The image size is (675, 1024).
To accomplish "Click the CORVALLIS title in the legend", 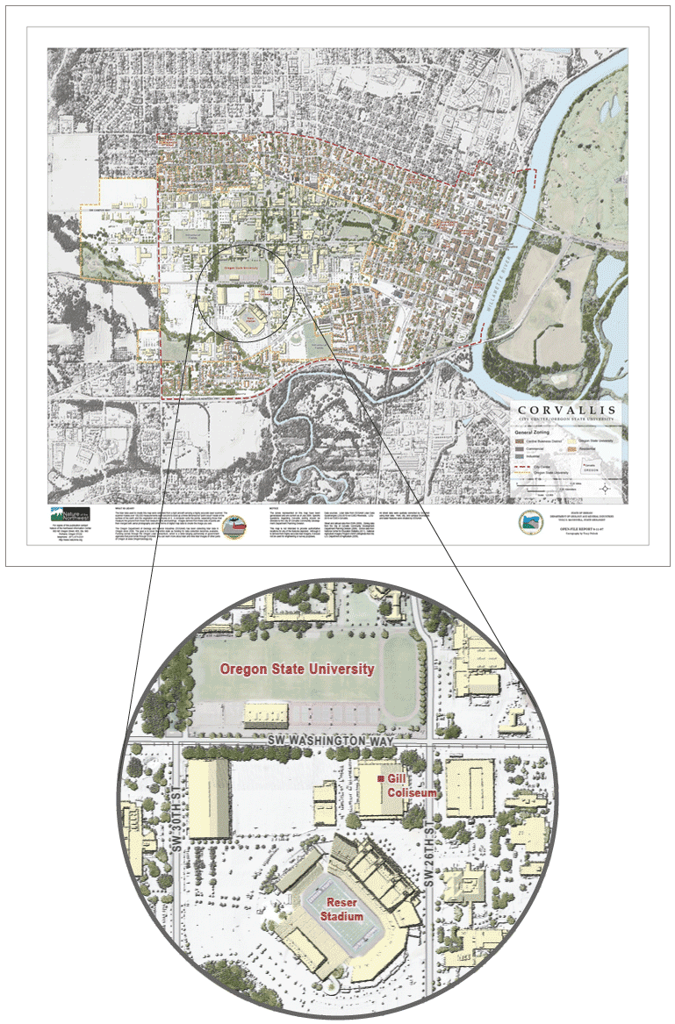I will pyautogui.click(x=568, y=410).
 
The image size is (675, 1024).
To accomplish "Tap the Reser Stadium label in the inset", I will pyautogui.click(x=341, y=909).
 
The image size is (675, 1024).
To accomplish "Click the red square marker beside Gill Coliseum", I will pyautogui.click(x=380, y=779).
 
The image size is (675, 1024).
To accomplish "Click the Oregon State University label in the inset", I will pyautogui.click(x=298, y=670).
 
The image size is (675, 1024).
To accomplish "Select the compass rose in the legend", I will pyautogui.click(x=607, y=488).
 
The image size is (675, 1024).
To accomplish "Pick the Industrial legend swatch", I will pyautogui.click(x=519, y=457).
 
